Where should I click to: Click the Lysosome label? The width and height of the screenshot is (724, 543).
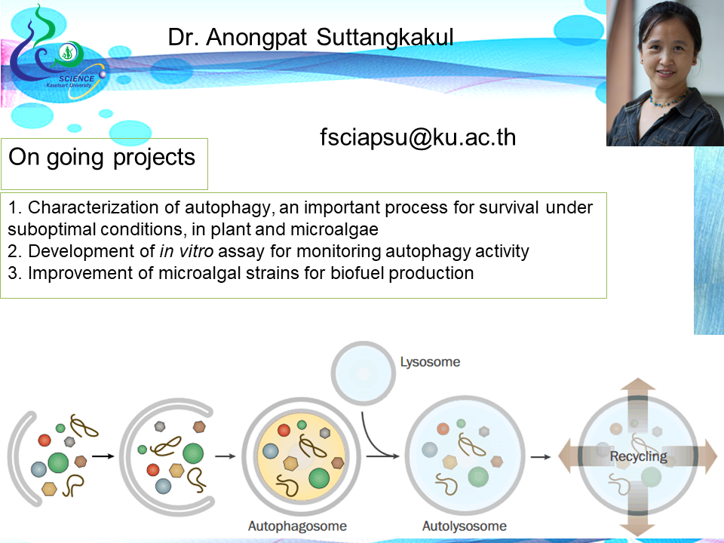coord(430,363)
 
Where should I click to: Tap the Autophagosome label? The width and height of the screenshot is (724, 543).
coord(297,526)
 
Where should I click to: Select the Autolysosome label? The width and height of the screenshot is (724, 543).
coord(465,526)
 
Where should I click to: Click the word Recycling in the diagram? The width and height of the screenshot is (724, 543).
coord(639,457)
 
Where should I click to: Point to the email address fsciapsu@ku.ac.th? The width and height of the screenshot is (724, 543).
coord(418,137)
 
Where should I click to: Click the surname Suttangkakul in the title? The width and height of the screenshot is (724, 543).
coord(385,38)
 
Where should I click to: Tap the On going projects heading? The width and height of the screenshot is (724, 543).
coord(102,158)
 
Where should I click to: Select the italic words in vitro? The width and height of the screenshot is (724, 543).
coord(186,251)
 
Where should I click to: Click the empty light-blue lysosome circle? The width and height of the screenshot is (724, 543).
coord(364,373)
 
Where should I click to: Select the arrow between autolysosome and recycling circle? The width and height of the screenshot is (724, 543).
coord(541,457)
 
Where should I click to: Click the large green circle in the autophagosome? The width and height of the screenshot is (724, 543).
coord(319,478)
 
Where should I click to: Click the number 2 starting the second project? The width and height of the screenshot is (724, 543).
coord(13,252)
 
